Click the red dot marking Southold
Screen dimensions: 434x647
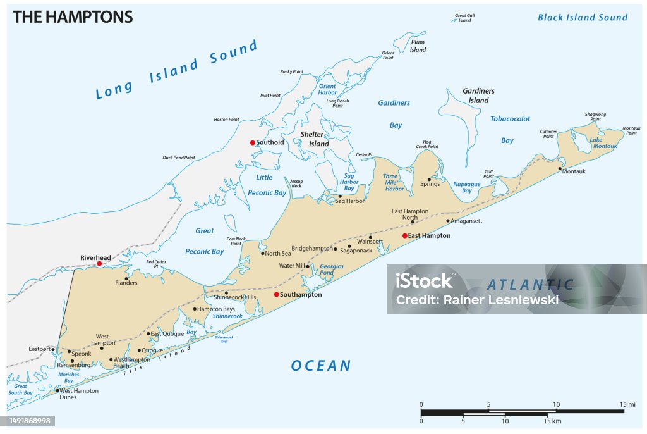pyautogui.click(x=252, y=142)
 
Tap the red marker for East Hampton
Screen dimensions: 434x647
pyautogui.click(x=405, y=235)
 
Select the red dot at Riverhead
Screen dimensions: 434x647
pyautogui.click(x=99, y=263)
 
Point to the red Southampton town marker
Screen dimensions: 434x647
pyautogui.click(x=276, y=294)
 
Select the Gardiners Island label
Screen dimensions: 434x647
pyautogui.click(x=478, y=96)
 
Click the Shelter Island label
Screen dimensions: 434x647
pyautogui.click(x=315, y=139)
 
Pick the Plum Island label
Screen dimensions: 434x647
pyautogui.click(x=418, y=46)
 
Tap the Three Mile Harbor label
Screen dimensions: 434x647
pyautogui.click(x=394, y=183)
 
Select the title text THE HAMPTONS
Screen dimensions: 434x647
pyautogui.click(x=73, y=17)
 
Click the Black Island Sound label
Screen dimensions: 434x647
pyautogui.click(x=583, y=17)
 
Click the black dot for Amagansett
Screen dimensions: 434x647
pyautogui.click(x=448, y=221)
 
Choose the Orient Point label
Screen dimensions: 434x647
pyautogui.click(x=388, y=55)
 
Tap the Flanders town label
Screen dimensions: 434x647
pyautogui.click(x=126, y=283)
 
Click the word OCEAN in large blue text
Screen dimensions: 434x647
pyautogui.click(x=320, y=366)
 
